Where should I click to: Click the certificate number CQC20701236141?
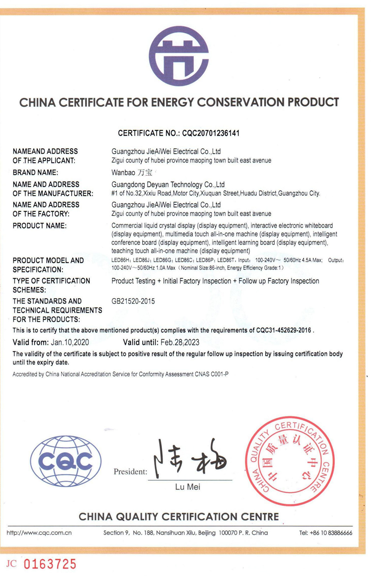pos(211,133)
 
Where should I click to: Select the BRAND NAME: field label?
pos(36,173)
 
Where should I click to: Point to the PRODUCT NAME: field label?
pos(40,226)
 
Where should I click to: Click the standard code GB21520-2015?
pos(133,301)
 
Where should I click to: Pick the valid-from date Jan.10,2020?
pos(70,342)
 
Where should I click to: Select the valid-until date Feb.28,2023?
pos(180,342)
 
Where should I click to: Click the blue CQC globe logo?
pos(66,461)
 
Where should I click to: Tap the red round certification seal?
pos(290,461)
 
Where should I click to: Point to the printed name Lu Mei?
pos(188,487)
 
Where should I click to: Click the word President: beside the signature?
pos(130,471)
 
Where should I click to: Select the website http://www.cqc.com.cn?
pos(39,533)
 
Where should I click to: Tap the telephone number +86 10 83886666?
pos(331,533)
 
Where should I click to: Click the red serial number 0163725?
pos(50,564)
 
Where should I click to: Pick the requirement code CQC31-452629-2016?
pos(283,330)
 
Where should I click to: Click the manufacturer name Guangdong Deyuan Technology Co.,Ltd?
pos(168,185)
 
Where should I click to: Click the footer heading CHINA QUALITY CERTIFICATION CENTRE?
pos(179,517)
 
